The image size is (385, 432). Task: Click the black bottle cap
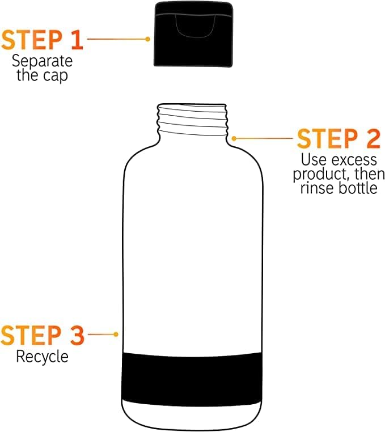coord(193,34)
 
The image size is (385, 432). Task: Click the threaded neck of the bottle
coord(193,120)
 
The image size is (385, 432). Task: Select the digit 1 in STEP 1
coord(77,40)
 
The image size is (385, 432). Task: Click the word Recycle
coord(42,357)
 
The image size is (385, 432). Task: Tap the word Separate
coord(42,61)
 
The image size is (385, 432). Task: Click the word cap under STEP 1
coord(56,77)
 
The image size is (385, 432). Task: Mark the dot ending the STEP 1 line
coord(148,39)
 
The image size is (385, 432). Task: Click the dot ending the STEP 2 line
coord(234,138)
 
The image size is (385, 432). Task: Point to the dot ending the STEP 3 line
coord(116,334)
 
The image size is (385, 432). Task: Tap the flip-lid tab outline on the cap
coord(196,26)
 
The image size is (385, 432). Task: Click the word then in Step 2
coord(370,174)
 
